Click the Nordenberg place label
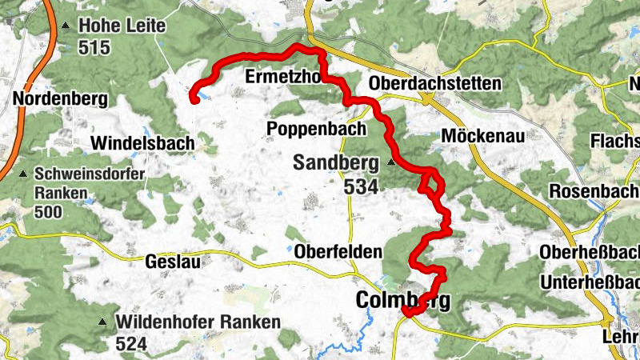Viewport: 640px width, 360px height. click(60, 99)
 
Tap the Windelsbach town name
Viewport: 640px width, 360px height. click(142, 143)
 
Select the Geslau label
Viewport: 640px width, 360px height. click(173, 261)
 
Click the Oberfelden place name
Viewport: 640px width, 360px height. click(338, 251)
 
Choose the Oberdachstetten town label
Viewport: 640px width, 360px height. click(435, 84)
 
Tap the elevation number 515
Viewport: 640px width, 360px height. click(94, 47)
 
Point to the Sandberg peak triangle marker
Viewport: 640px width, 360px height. click(390, 162)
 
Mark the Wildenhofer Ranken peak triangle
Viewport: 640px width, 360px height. click(102, 322)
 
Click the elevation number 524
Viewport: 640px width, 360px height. click(132, 344)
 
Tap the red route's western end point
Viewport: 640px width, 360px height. click(193, 99)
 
